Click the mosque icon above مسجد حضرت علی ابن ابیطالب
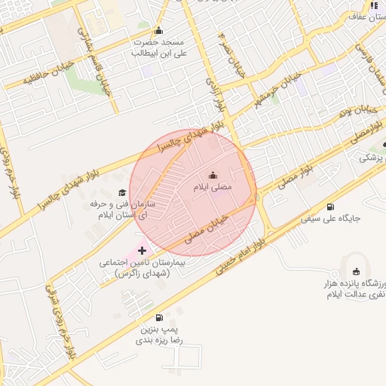(x=158, y=31)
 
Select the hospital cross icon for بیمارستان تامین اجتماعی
(x=142, y=250)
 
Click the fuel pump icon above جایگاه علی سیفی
(x=330, y=207)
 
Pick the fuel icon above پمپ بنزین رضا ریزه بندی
(x=158, y=318)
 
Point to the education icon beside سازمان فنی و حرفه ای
(x=122, y=193)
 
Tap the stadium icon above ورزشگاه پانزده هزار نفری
(x=357, y=271)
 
